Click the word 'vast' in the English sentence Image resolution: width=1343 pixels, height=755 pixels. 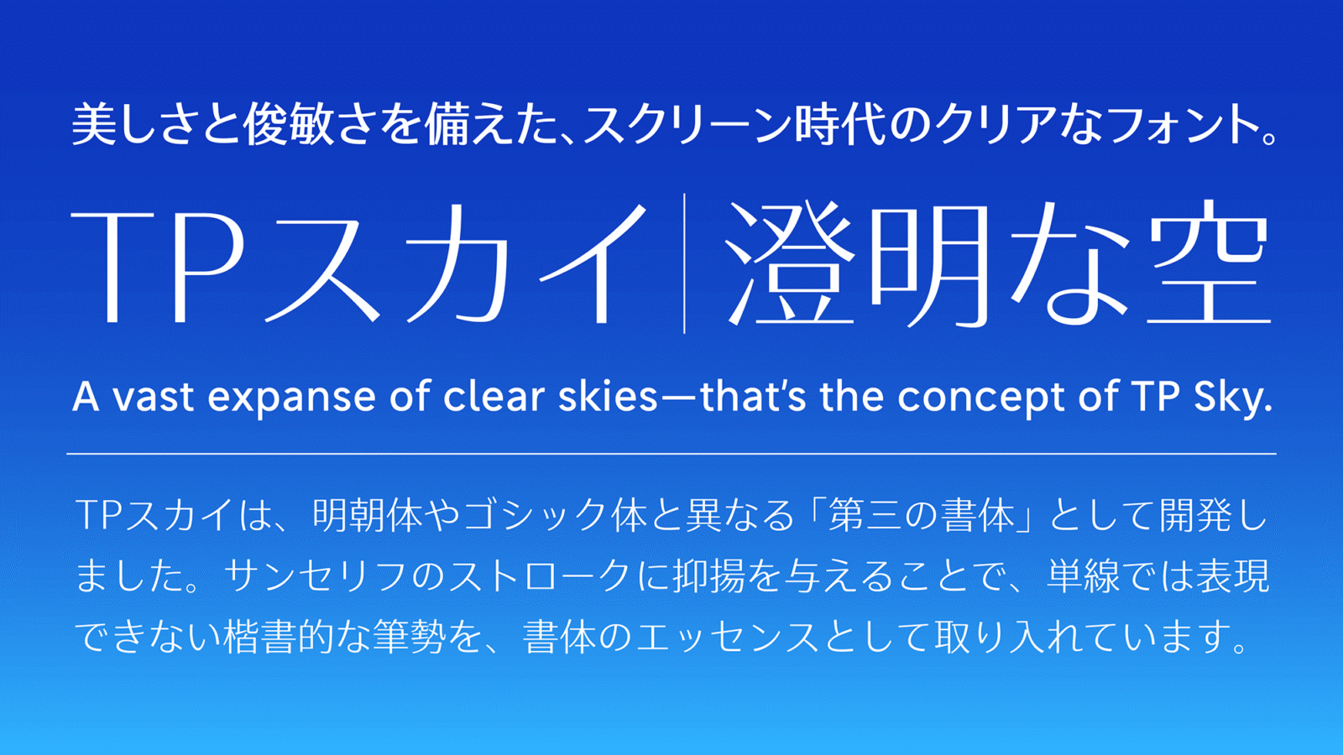154,397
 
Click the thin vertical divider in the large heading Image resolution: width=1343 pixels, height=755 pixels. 684,263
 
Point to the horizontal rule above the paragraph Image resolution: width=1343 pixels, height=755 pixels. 671,454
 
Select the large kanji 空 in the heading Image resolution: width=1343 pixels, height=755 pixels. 1208,263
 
